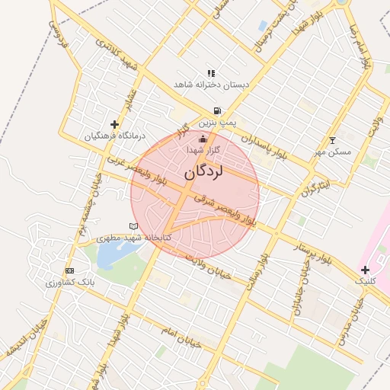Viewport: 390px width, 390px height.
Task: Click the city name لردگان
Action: tap(203, 173)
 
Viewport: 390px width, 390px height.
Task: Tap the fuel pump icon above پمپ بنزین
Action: tap(218, 110)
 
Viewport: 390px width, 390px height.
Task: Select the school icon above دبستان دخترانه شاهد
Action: tap(211, 73)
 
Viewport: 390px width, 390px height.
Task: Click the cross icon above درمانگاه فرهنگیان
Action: tap(114, 124)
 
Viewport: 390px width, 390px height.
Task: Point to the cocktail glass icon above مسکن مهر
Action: tap(332, 140)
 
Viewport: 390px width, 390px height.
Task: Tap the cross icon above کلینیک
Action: tap(366, 270)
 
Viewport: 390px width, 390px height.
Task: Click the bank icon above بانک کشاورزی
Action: tap(70, 270)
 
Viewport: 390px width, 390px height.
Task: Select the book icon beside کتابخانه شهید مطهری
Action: tap(134, 227)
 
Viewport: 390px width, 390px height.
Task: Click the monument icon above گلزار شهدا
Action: tap(203, 139)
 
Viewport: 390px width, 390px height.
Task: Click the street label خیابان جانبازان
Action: tap(301, 286)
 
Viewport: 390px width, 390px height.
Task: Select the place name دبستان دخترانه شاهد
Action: tap(212, 85)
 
